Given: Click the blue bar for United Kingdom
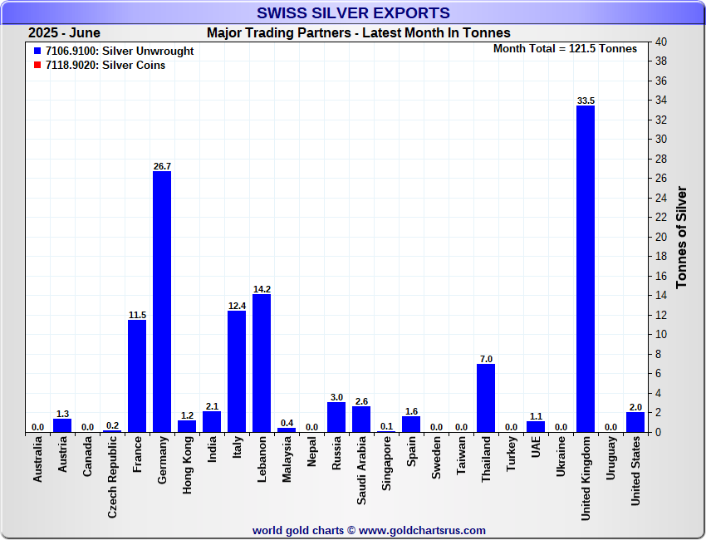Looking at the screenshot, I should coord(586,268).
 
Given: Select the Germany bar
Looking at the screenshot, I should coord(162,302).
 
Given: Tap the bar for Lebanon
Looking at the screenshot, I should coord(262,363).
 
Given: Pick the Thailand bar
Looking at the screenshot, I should coord(486,398).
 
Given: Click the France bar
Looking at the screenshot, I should coord(137,376).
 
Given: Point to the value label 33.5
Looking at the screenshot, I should coord(586,101).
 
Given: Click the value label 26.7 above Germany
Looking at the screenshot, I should coord(162,166).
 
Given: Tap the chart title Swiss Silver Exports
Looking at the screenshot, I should coord(353,13).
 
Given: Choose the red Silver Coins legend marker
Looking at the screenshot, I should coord(37,65).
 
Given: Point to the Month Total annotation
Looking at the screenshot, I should coord(565,49).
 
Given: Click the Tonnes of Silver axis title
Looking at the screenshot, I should coord(681,237).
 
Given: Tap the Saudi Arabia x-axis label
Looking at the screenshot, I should coord(361,469).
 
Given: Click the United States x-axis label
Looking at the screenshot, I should coord(635,473).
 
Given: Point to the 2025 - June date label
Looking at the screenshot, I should coord(64,33).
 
